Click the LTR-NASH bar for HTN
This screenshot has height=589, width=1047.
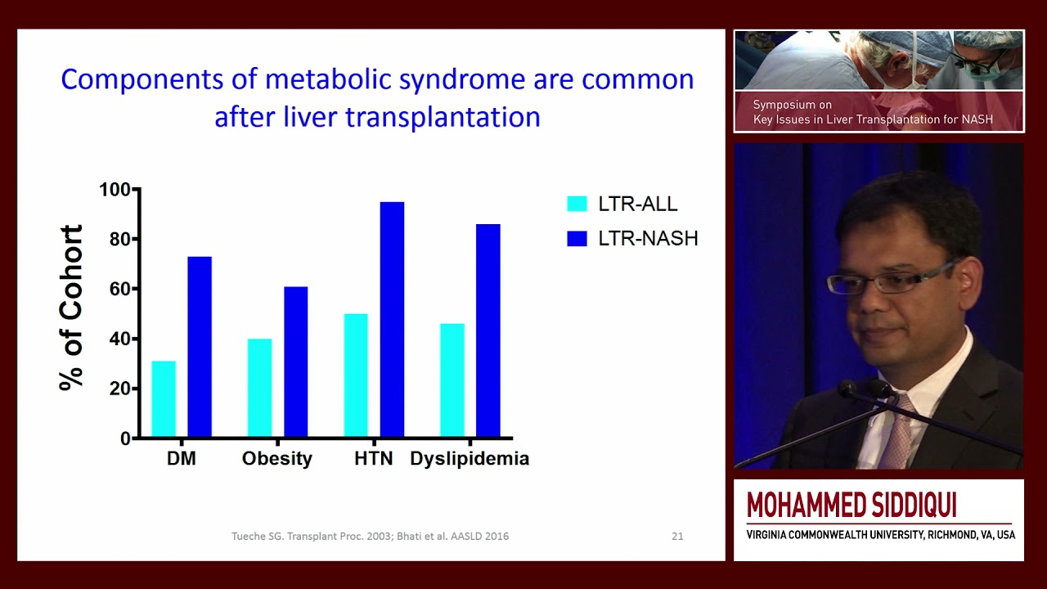(392, 319)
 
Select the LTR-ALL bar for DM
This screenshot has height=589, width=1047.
(164, 398)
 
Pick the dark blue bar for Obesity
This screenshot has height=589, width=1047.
(295, 362)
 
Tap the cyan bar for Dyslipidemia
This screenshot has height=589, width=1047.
(452, 380)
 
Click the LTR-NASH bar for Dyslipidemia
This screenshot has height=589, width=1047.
(488, 330)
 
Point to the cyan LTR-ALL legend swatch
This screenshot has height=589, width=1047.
(577, 205)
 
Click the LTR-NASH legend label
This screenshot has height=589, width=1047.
(648, 239)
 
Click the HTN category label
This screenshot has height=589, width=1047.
(374, 459)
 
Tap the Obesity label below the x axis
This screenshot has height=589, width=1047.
(276, 459)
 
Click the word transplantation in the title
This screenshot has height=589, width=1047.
(443, 117)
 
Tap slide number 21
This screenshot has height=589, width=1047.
(677, 537)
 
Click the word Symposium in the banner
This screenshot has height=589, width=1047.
(784, 105)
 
